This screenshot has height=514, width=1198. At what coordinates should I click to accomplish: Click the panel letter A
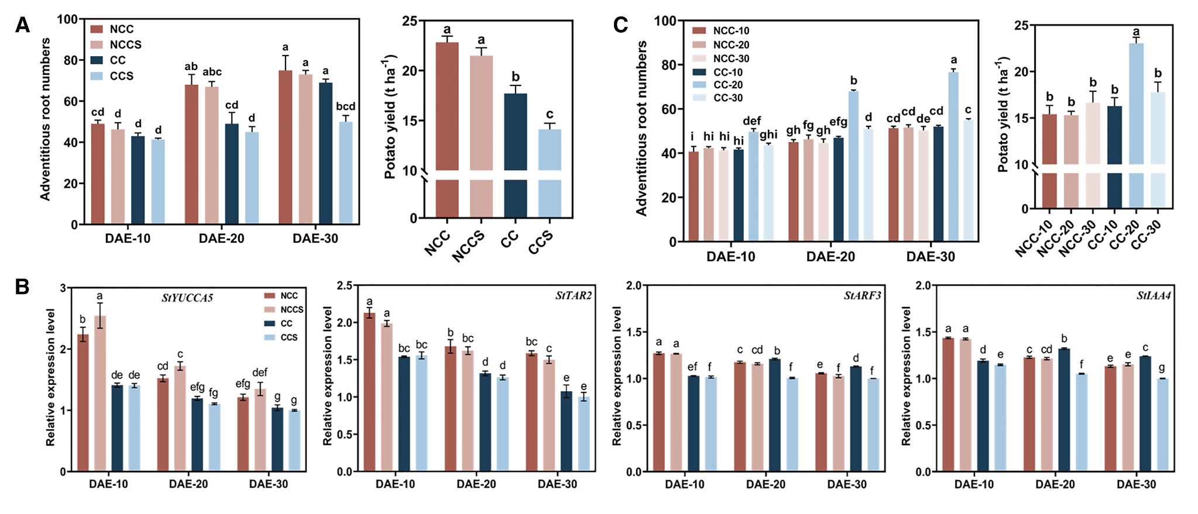(22, 25)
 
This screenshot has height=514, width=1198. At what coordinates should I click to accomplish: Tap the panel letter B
(22, 287)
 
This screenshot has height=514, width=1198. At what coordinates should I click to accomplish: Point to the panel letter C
(620, 25)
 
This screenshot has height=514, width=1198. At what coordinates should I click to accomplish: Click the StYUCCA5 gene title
(187, 298)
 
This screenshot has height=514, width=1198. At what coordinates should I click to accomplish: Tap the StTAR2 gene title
(574, 296)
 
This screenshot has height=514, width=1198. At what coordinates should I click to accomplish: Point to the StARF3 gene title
(862, 296)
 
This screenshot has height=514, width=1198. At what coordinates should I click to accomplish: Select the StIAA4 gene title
(1154, 296)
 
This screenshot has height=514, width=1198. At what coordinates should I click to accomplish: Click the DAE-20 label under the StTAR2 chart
(476, 484)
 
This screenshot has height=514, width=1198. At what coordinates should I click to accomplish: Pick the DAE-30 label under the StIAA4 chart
(1136, 484)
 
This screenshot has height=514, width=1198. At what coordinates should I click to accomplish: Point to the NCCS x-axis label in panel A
(469, 246)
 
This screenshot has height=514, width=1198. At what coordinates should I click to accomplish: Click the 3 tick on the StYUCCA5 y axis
(63, 288)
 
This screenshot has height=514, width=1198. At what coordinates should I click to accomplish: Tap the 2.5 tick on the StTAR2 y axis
(345, 285)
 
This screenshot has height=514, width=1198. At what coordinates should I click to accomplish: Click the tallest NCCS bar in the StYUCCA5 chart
(100, 393)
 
